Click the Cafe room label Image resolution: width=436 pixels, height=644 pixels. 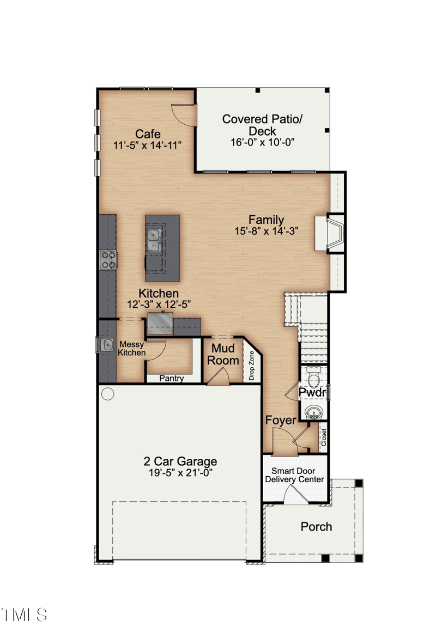[148, 134]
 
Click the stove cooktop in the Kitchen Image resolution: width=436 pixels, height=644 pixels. [108, 259]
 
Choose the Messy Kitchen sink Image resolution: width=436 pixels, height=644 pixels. [106, 344]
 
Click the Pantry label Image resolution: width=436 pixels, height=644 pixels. [172, 379]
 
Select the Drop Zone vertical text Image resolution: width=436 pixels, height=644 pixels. [252, 366]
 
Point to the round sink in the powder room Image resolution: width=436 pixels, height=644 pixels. [314, 411]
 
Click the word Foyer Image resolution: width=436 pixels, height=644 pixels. [281, 420]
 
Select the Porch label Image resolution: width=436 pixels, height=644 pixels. [316, 526]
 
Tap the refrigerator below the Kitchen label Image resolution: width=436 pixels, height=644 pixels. [160, 323]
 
